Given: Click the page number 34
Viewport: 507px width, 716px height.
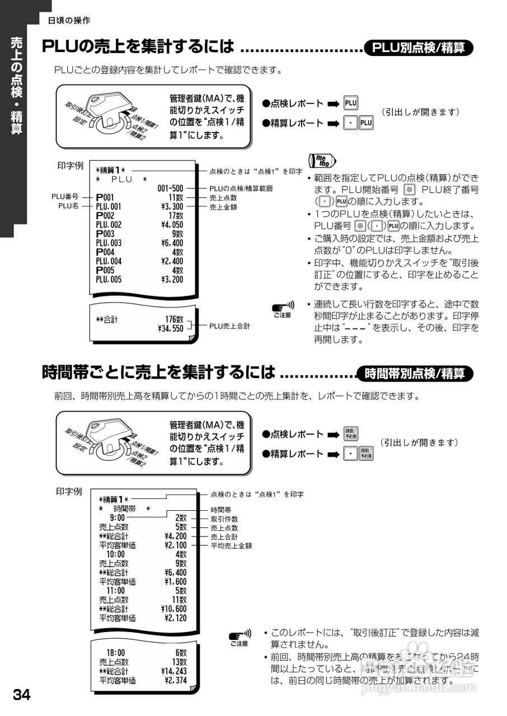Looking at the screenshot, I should click(x=21, y=695).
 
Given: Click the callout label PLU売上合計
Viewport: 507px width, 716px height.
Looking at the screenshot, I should click(x=229, y=325).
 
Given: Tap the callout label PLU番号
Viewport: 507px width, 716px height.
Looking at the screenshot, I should click(x=64, y=197).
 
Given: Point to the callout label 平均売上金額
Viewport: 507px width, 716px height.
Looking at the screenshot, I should click(x=231, y=545).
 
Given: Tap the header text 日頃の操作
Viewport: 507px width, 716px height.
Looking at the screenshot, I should click(x=69, y=21).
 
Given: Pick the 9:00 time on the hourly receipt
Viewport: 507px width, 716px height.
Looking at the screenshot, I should click(x=118, y=518).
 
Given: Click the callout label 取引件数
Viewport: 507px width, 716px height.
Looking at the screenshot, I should click(x=224, y=519).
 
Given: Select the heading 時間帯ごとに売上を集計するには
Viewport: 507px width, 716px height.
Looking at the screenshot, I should click(x=159, y=373).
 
